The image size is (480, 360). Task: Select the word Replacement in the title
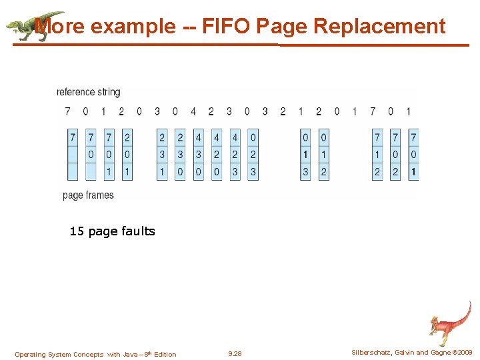(x=379, y=26)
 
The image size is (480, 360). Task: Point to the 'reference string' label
(x=89, y=92)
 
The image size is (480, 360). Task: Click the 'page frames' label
(x=88, y=195)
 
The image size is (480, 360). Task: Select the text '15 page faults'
(x=112, y=231)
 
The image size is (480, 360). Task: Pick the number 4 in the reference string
(x=193, y=111)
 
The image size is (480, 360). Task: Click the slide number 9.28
(x=235, y=354)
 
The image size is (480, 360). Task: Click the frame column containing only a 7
(x=73, y=155)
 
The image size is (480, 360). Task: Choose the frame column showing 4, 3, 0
(x=198, y=155)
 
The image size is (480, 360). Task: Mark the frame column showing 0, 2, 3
(x=253, y=155)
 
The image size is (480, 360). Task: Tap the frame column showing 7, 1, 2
(x=377, y=155)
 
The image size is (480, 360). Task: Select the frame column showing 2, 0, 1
(x=127, y=155)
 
